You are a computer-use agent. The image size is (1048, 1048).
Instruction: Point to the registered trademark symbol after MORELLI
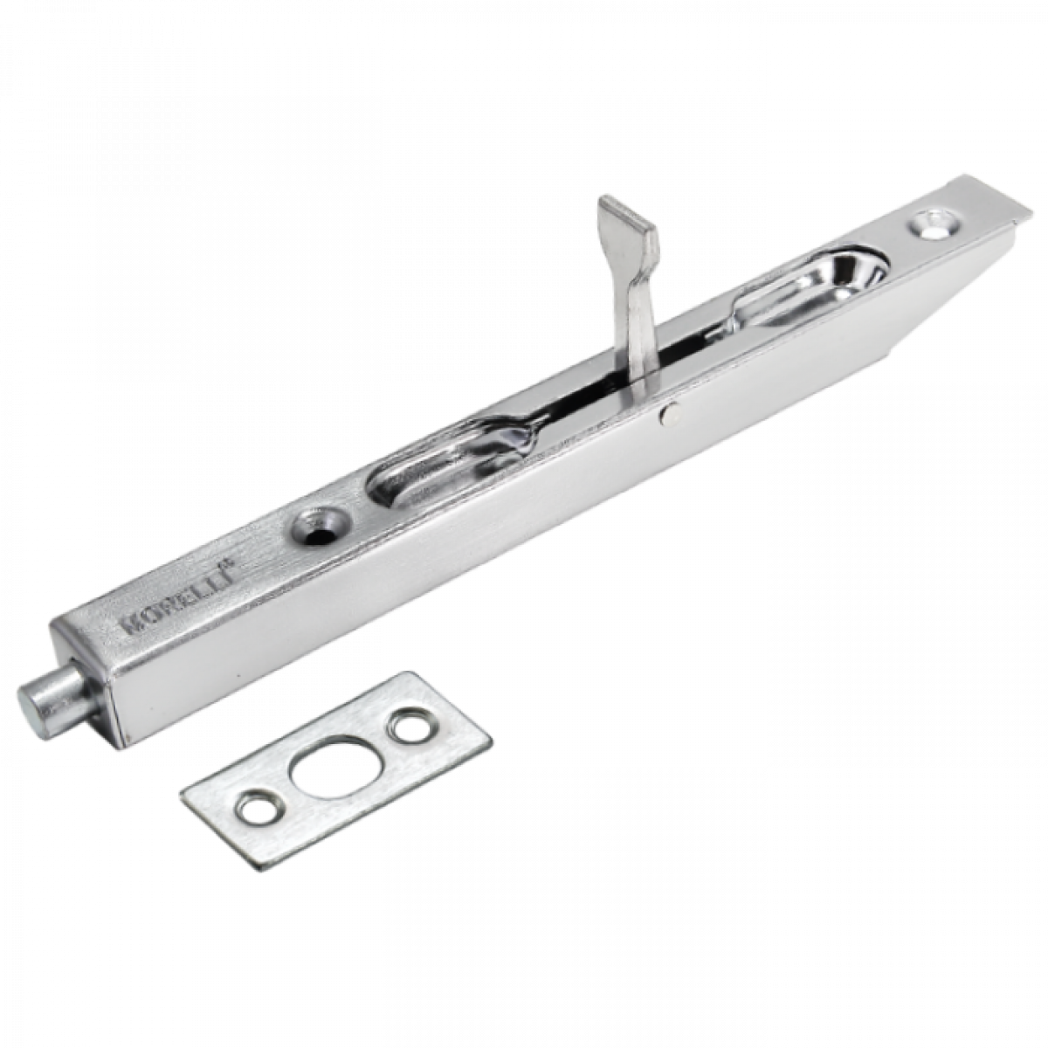pyautogui.click(x=238, y=566)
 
